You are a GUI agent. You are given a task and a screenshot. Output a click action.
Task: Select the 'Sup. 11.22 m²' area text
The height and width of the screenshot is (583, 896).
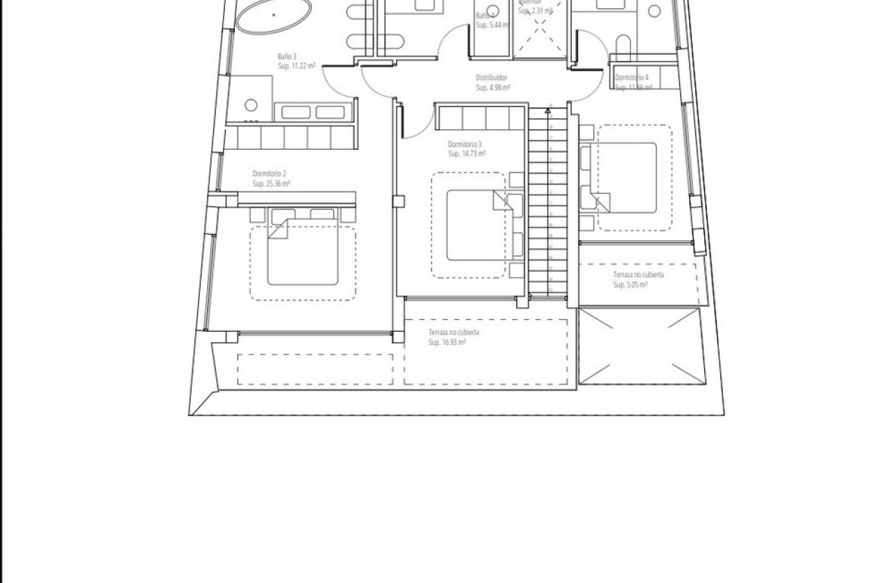click(297, 67)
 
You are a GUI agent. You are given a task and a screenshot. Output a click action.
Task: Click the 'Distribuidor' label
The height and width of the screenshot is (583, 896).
click(492, 78)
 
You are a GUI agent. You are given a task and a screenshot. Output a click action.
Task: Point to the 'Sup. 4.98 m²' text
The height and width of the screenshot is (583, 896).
click(493, 88)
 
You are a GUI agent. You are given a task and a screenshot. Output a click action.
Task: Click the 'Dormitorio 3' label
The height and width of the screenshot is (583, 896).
click(465, 144)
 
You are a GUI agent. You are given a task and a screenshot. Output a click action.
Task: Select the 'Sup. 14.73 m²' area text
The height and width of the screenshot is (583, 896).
click(467, 154)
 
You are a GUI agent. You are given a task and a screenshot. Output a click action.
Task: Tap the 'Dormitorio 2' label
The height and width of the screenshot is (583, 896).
click(269, 174)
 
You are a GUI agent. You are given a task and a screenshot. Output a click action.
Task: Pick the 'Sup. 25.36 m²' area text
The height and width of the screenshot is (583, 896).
click(271, 184)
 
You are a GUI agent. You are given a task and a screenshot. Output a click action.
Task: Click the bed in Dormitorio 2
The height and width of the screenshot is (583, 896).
click(302, 250)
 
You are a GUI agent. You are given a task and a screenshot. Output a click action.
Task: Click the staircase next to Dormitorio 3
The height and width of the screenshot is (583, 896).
click(548, 201)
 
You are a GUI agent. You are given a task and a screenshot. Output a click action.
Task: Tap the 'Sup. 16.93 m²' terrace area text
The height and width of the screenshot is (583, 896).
click(447, 342)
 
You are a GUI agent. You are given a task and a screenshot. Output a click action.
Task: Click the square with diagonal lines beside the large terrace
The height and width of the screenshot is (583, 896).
click(640, 346)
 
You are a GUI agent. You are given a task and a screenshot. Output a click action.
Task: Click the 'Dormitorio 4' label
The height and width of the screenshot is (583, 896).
click(631, 78)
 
